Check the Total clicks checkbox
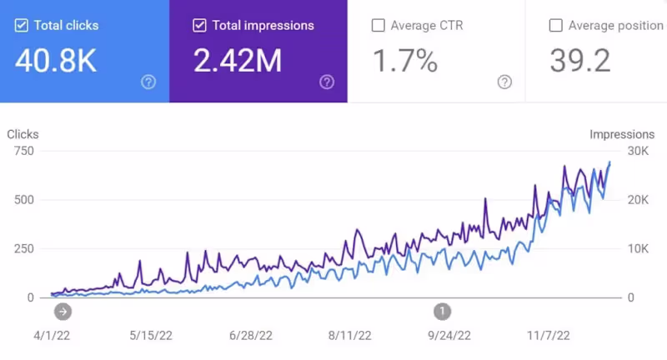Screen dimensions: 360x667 pos(22,25)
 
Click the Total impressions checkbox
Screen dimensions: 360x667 pos(199,25)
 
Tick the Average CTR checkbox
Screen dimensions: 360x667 pos(378,25)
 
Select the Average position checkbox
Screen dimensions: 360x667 pos(556,25)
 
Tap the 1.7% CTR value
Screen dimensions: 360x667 pos(405,60)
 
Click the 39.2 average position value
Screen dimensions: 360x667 pos(580,60)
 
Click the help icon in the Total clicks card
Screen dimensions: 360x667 pos(148,82)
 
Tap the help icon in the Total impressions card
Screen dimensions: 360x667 pos(327,82)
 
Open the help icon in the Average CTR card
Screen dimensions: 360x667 pos(504,82)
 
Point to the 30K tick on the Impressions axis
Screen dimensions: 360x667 pos(638,151)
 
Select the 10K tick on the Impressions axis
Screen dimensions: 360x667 pos(638,248)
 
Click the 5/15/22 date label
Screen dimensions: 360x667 pos(150,336)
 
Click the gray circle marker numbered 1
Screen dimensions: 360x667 pos(442,311)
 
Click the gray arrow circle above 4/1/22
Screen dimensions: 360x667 pos(63,311)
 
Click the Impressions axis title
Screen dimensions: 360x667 pos(622,134)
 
